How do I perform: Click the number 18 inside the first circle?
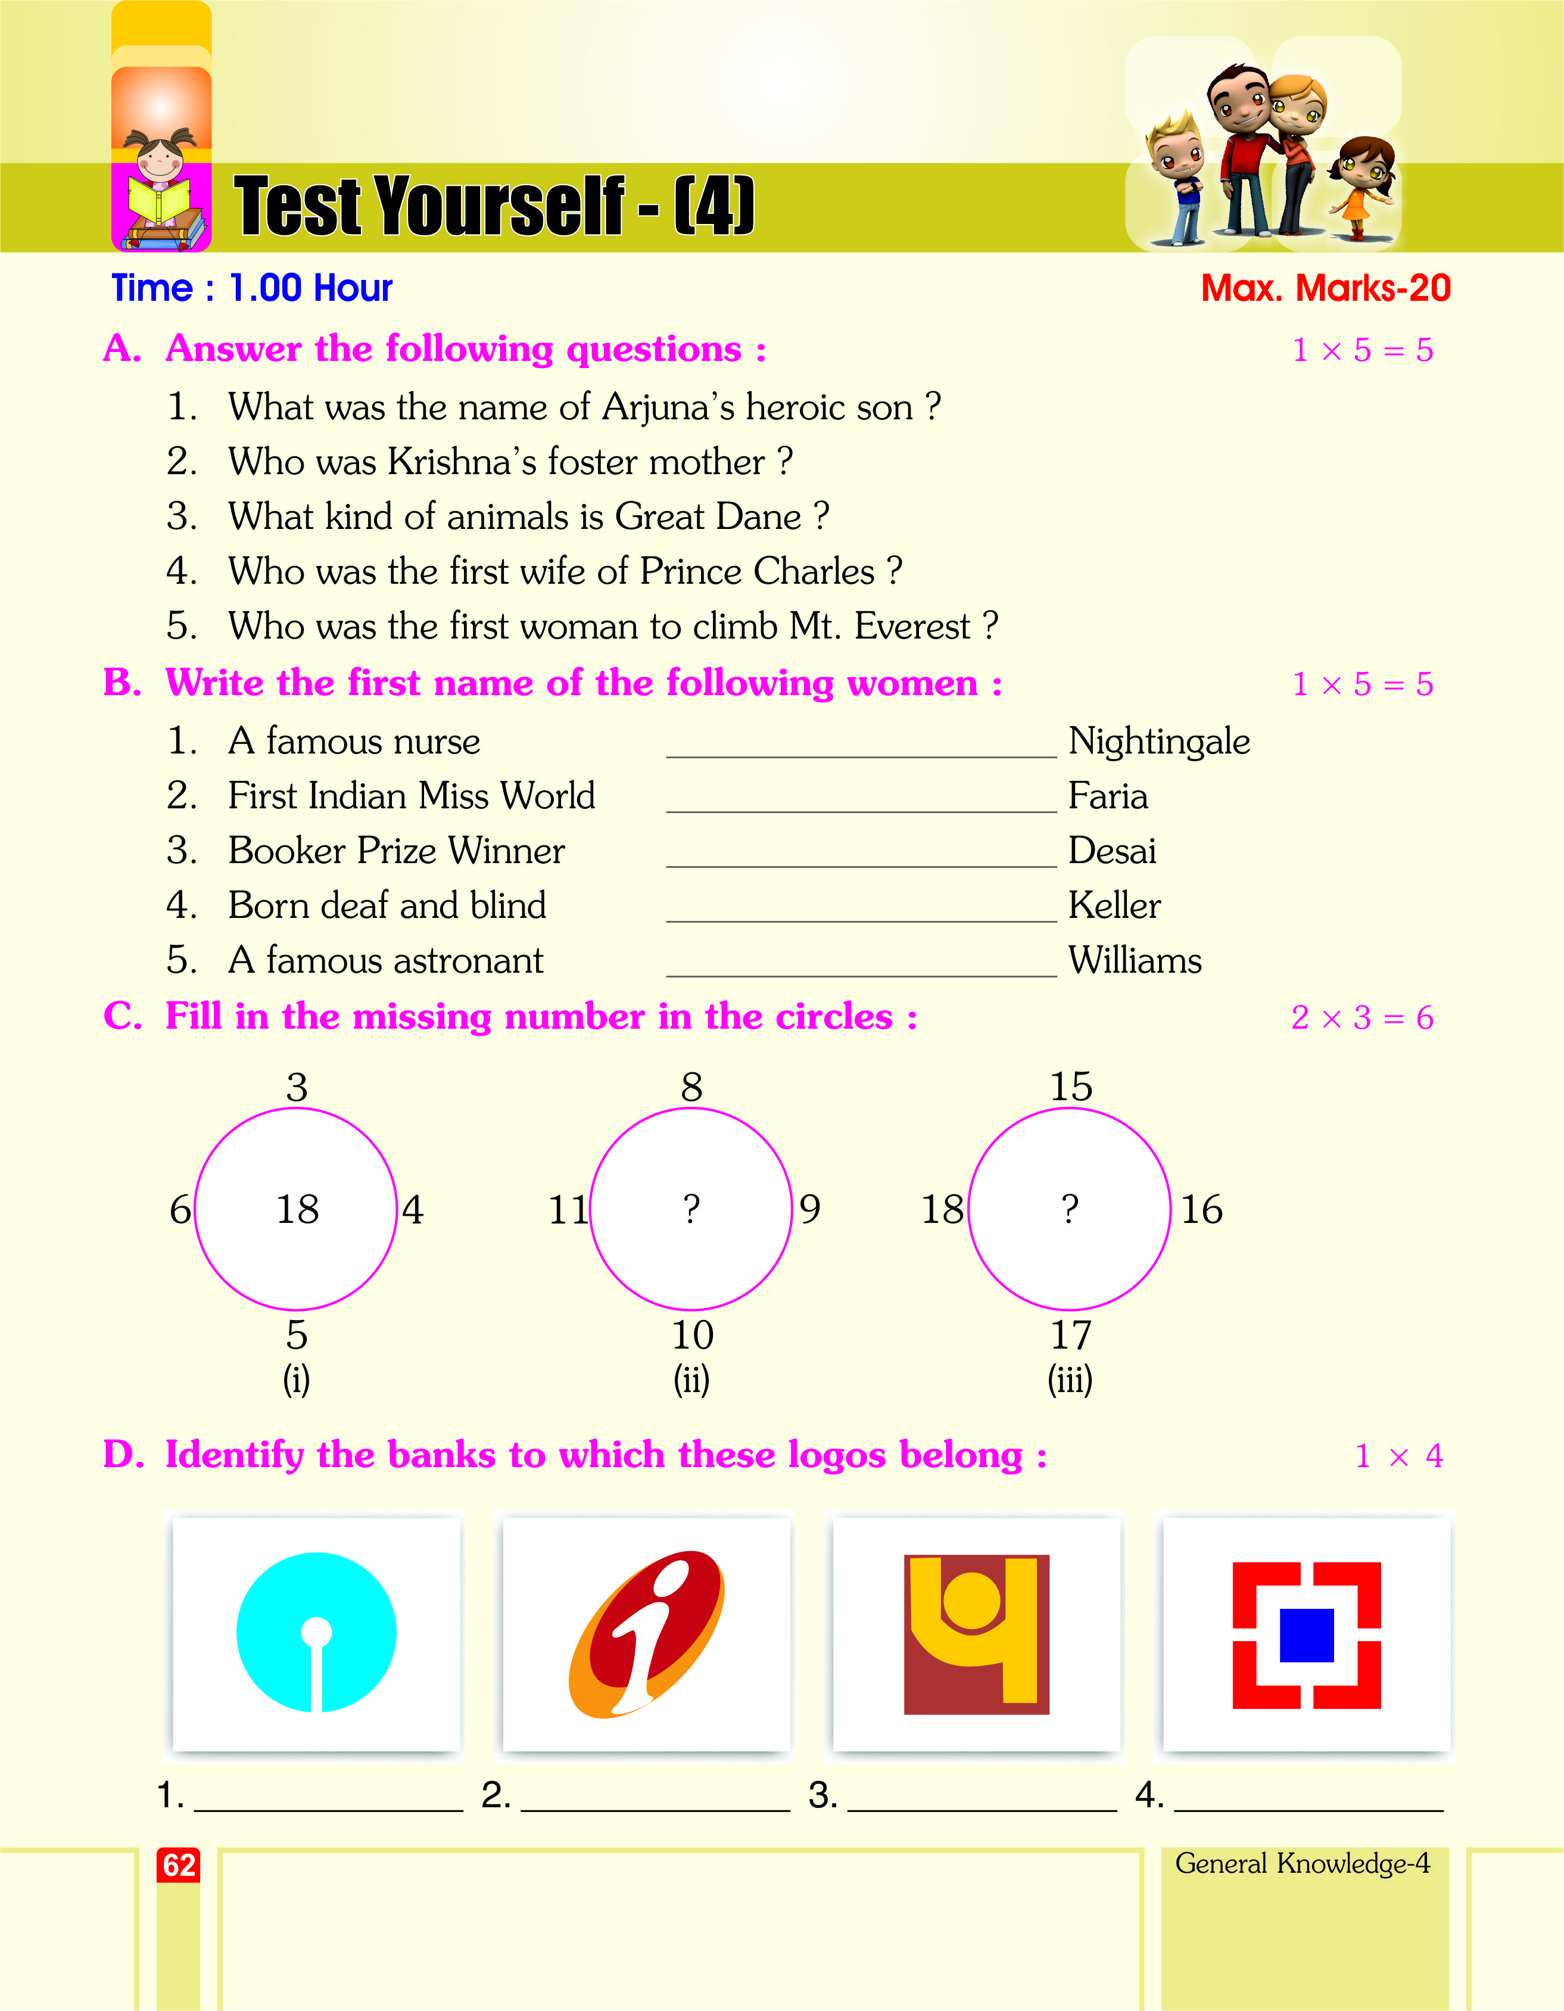297,1209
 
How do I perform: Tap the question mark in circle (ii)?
691,1209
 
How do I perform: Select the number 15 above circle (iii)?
1071,1087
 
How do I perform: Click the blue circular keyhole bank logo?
316,1633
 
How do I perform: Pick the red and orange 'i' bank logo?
647,1633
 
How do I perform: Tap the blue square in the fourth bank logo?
1306,1635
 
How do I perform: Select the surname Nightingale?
1158,741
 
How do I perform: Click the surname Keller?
1114,906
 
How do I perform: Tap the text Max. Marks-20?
1326,288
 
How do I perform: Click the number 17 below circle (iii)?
1071,1335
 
